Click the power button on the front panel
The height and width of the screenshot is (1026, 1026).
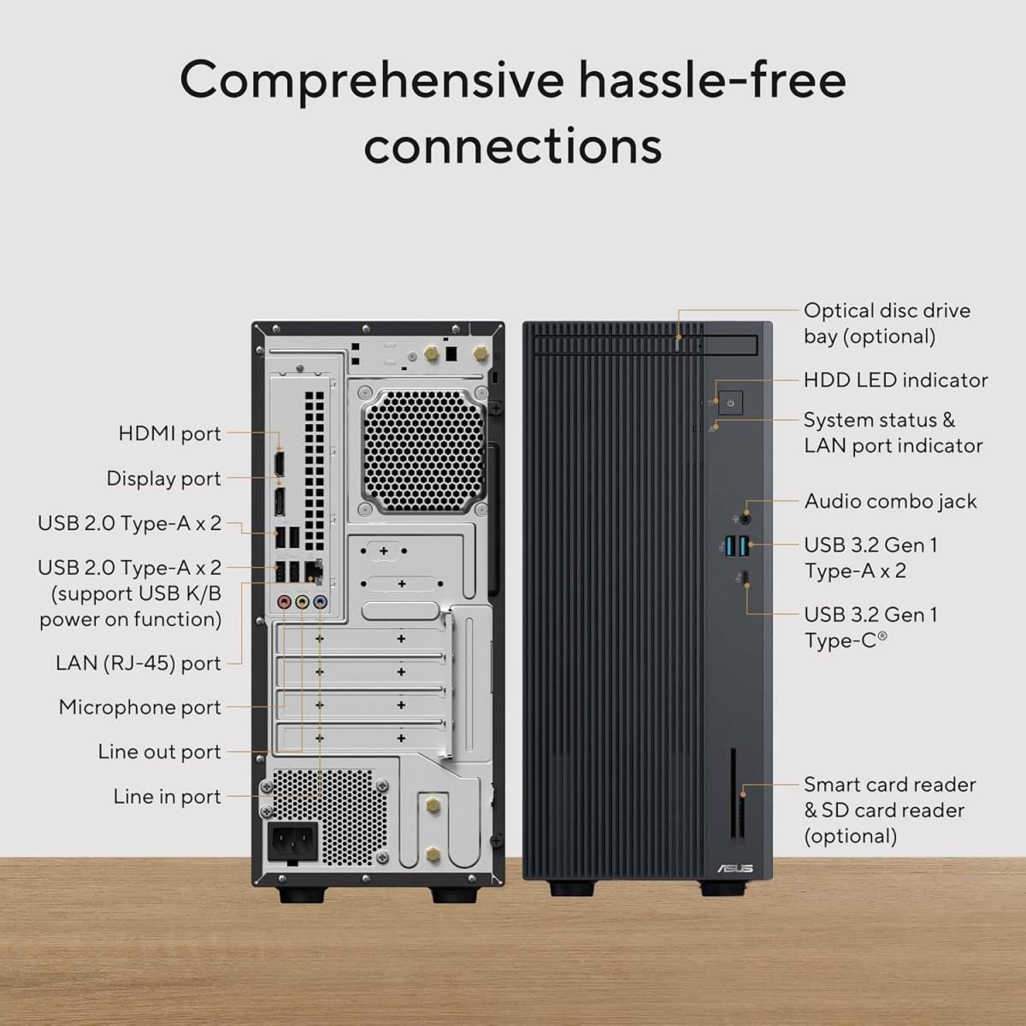[730, 402]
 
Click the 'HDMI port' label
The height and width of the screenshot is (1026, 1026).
[169, 433]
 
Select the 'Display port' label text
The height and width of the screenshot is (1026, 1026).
[163, 478]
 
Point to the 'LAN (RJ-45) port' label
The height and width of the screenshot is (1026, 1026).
[138, 663]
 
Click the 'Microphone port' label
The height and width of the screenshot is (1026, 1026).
[139, 707]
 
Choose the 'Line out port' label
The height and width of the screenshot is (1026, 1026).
[159, 752]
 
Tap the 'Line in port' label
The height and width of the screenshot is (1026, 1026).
[167, 796]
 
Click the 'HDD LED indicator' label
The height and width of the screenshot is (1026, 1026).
[895, 380]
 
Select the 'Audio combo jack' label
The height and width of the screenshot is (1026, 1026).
[890, 501]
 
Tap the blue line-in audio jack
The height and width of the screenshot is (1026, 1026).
[321, 602]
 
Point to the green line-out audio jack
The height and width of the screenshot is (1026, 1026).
[303, 602]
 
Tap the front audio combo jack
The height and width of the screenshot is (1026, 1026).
[746, 516]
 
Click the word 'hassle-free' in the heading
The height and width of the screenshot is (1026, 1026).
[712, 80]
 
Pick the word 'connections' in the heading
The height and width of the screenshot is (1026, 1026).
[513, 145]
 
